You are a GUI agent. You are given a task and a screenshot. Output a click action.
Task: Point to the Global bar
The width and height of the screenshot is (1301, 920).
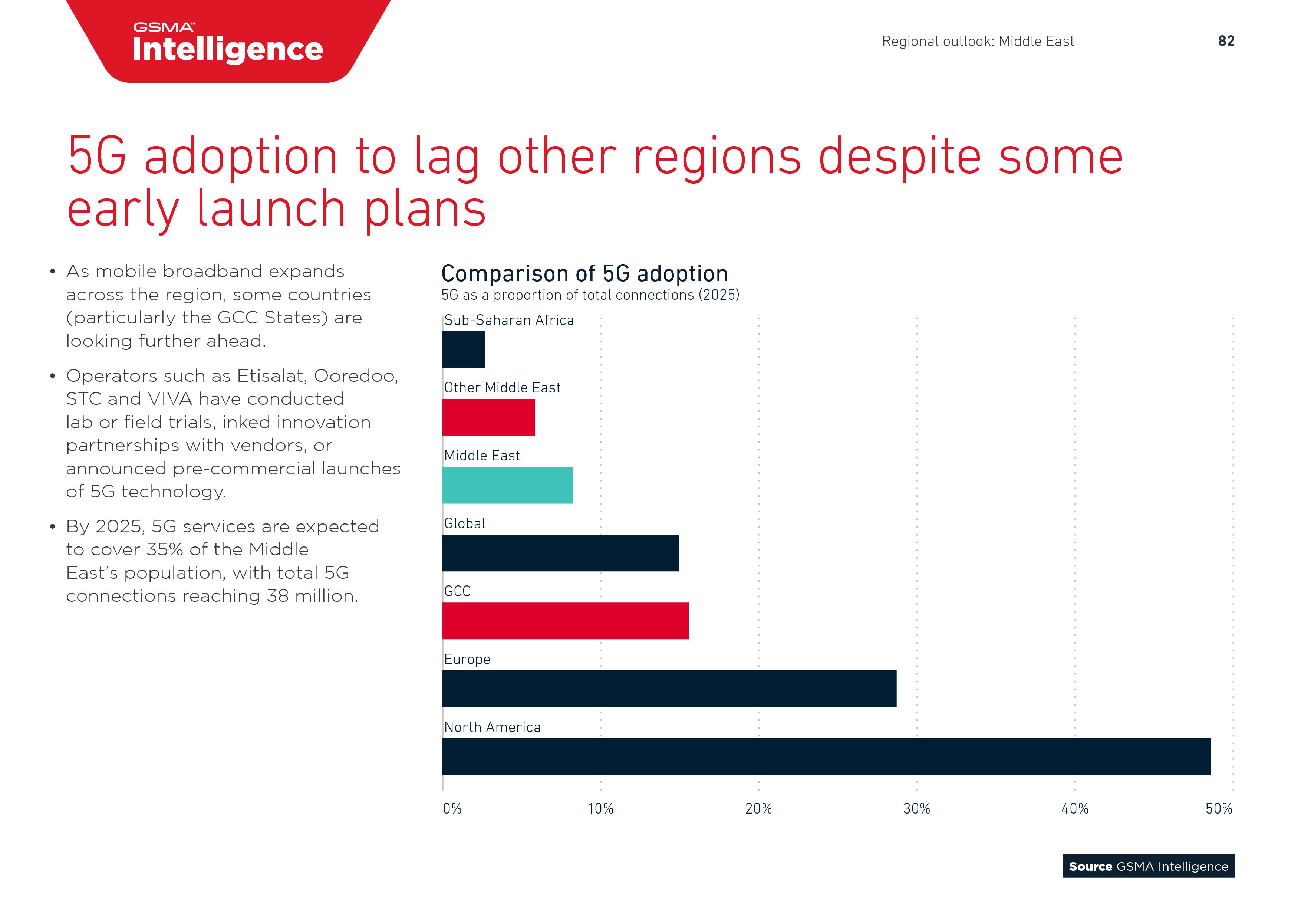pos(560,553)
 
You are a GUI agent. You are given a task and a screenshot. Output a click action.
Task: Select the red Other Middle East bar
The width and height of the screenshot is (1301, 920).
pos(488,417)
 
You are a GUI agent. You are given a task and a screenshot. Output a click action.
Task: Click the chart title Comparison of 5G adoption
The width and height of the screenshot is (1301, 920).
pos(584,274)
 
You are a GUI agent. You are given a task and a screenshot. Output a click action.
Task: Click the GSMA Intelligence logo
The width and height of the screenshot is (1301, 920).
pos(227,43)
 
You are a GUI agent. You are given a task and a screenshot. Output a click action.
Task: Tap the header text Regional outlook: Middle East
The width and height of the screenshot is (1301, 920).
pos(978,42)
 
